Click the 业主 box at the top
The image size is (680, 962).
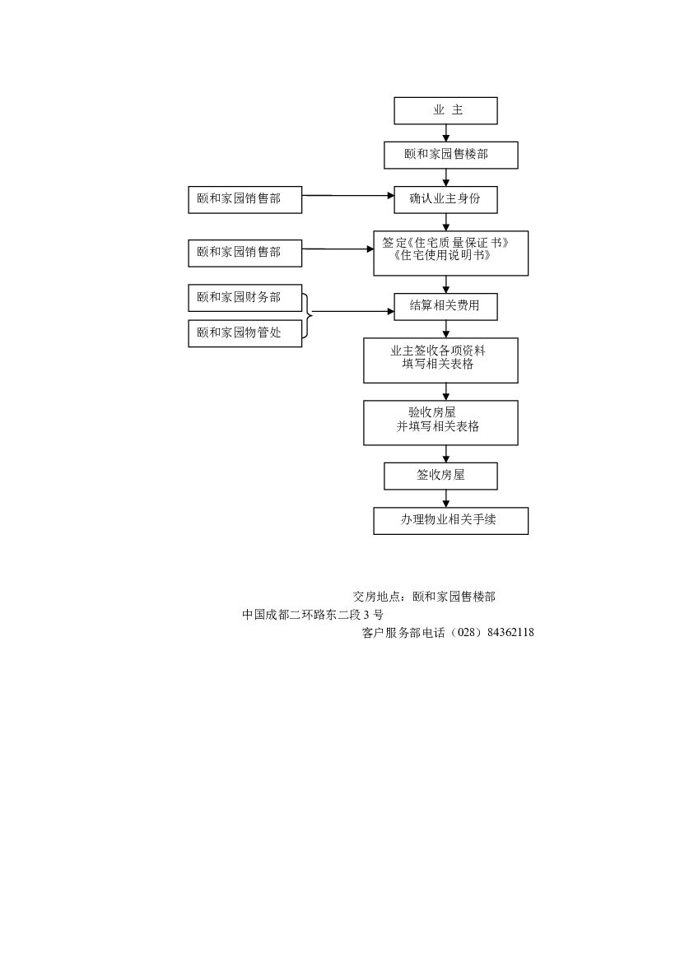pyautogui.click(x=445, y=110)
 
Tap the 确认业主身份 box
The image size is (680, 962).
pyautogui.click(x=445, y=199)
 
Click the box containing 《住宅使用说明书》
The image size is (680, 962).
pyautogui.click(x=450, y=253)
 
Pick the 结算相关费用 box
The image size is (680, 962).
pyautogui.click(x=445, y=308)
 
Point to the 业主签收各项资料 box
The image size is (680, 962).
pyautogui.click(x=440, y=360)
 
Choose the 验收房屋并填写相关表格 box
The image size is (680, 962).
pyautogui.click(x=440, y=422)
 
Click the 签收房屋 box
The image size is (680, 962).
pyautogui.click(x=440, y=476)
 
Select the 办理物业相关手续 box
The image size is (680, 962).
pyautogui.click(x=450, y=521)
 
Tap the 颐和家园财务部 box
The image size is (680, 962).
pyautogui.click(x=245, y=298)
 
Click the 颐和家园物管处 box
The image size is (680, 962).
pyautogui.click(x=245, y=333)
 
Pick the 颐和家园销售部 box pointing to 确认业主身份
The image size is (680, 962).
pyautogui.click(x=245, y=199)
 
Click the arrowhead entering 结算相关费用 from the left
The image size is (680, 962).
pyautogui.click(x=391, y=312)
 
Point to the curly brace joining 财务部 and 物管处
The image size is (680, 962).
pyautogui.click(x=308, y=315)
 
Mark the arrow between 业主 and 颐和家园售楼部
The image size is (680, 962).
pyautogui.click(x=446, y=132)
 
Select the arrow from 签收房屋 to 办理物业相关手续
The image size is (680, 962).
pyautogui.click(x=446, y=499)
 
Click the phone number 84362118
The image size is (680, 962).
pyautogui.click(x=510, y=633)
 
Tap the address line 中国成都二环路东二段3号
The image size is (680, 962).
pyautogui.click(x=313, y=615)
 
